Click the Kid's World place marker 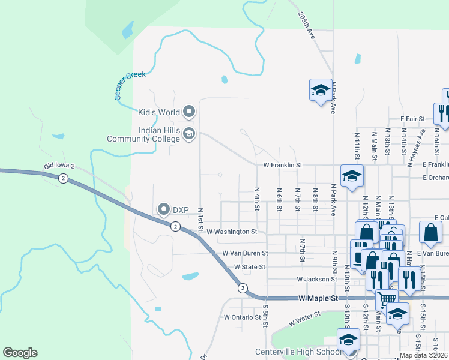click(190, 112)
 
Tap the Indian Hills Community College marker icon click(189, 133)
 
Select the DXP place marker click(164, 209)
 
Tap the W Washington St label click(232, 231)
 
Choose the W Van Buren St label click(244, 253)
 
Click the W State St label click(249, 266)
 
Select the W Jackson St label click(316, 279)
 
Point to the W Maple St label click(318, 298)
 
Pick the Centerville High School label click(298, 352)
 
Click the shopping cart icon click(387, 299)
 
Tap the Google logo click(20, 353)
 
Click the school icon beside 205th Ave click(320, 90)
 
